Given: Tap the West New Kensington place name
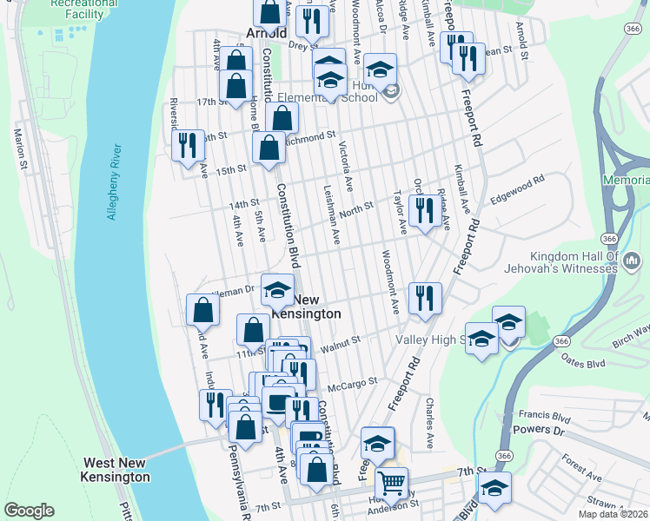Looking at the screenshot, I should click(116, 470).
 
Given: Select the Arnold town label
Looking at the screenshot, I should click(266, 33).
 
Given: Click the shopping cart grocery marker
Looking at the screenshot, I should click(392, 483).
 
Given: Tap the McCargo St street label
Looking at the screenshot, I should click(352, 381).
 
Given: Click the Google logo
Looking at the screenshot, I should click(29, 511).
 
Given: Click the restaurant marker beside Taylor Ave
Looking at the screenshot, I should click(424, 210).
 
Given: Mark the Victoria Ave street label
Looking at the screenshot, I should click(346, 165).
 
